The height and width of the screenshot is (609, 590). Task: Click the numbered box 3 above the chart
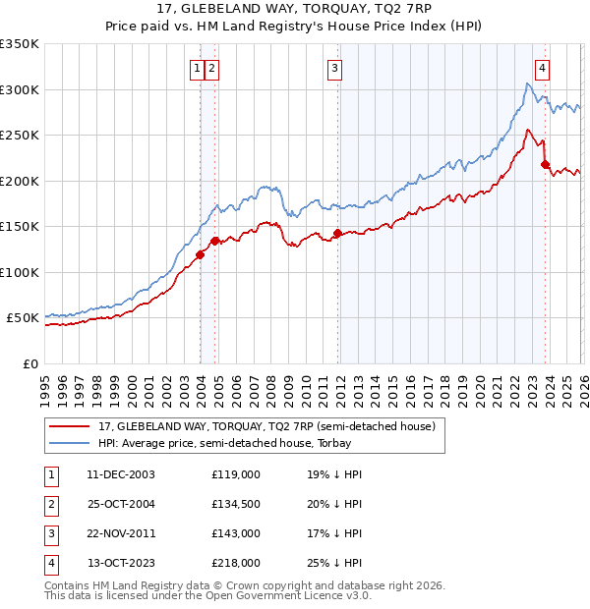pyautogui.click(x=335, y=68)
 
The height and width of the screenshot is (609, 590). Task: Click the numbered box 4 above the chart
pyautogui.click(x=542, y=68)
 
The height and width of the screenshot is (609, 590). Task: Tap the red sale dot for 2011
pyautogui.click(x=337, y=234)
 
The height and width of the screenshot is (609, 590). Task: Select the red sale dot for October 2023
pyautogui.click(x=545, y=165)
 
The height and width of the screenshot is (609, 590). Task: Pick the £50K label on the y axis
pyautogui.click(x=23, y=318)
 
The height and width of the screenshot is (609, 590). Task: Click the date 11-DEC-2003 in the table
pyautogui.click(x=120, y=473)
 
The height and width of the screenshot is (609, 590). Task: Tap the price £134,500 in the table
pyautogui.click(x=236, y=504)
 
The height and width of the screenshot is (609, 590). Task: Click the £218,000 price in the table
pyautogui.click(x=236, y=563)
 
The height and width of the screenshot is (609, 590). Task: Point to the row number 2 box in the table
pyautogui.click(x=50, y=504)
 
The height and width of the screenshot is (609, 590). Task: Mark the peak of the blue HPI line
pyautogui.click(x=527, y=84)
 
